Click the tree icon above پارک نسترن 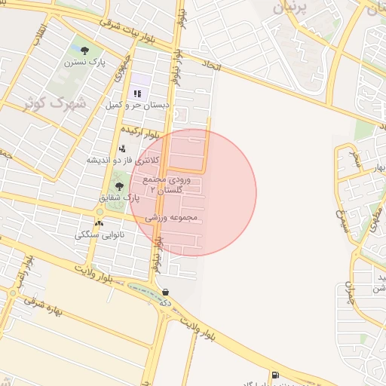coord(84,51)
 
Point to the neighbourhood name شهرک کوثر coord(55,103)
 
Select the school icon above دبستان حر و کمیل coord(138,93)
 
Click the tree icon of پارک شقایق coord(118,185)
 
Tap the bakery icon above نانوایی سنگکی coord(100,223)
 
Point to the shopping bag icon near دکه coord(164,293)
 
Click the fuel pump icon coord(274,375)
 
